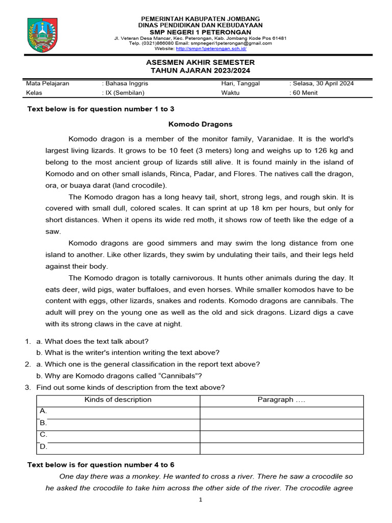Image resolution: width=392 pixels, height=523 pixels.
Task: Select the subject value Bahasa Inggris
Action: point(127,83)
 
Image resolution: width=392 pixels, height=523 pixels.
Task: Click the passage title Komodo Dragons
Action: point(200,124)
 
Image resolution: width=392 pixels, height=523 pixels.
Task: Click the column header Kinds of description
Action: point(118,399)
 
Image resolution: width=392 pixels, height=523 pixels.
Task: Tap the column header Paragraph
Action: point(281,399)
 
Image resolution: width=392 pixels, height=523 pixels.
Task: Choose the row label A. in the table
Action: point(43,411)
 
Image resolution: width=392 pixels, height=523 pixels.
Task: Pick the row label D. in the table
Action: point(43,446)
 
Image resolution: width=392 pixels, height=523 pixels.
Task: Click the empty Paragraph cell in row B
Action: point(281,423)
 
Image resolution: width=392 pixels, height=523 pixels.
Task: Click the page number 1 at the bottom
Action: point(201,500)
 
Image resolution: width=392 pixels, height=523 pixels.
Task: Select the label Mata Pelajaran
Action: point(47,83)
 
